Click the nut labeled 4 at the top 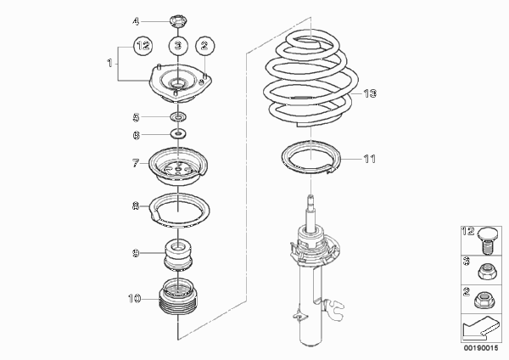pos(178,21)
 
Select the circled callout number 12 pos(143,46)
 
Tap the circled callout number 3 pos(178,46)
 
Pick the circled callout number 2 pos(204,46)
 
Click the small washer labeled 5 pos(178,116)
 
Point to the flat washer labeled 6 pos(178,133)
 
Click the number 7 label pos(136,163)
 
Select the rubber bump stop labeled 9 pos(177,254)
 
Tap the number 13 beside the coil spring pos(370,93)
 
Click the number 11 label pos(369,159)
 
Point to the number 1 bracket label pos(109,63)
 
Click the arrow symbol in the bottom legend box pos(480,328)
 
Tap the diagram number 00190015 pos(481,348)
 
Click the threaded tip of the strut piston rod pos(310,198)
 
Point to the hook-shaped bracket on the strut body pos(334,309)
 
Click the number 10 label pos(135,298)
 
